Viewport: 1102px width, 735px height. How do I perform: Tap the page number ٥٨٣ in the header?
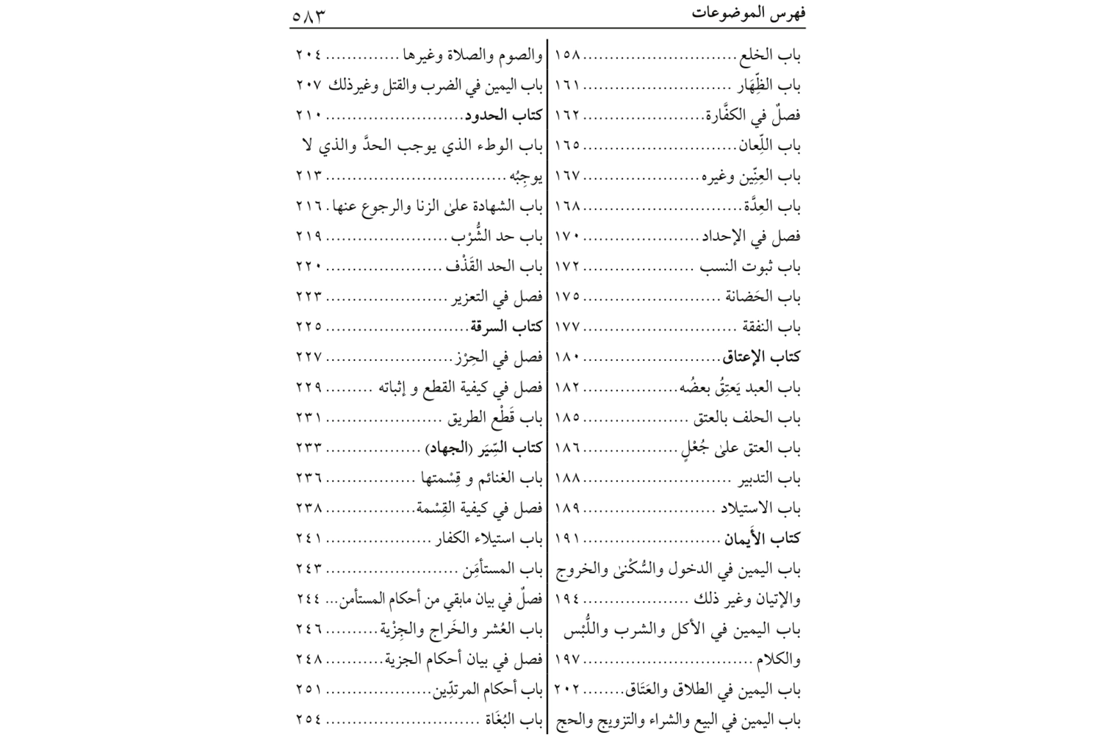(308, 15)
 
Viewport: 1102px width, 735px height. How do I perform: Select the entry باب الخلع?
(771, 55)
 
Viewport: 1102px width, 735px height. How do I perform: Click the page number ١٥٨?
(567, 55)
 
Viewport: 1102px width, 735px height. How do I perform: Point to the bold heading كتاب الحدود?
(504, 115)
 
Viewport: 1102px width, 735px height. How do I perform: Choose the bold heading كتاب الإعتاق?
(762, 357)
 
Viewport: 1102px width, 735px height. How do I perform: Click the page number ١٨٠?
(567, 357)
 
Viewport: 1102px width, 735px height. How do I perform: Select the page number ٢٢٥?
(309, 327)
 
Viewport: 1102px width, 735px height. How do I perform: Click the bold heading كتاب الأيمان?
(763, 539)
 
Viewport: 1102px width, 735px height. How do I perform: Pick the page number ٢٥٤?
(309, 720)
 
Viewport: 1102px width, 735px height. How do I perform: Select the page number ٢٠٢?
(567, 690)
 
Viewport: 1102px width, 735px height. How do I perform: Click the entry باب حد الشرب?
(498, 237)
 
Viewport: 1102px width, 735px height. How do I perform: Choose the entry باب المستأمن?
(503, 569)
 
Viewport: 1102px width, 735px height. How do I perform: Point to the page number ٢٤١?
(309, 539)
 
